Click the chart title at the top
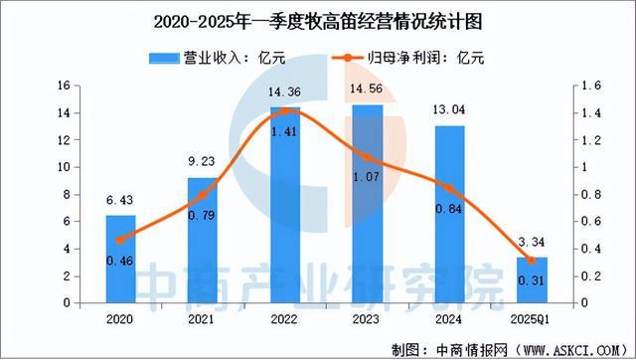[317, 19]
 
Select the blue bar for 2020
[121, 259]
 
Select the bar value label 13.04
[449, 111]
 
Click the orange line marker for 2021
[203, 196]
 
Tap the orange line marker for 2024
[449, 189]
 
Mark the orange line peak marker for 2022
[284, 112]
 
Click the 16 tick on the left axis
[62, 87]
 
